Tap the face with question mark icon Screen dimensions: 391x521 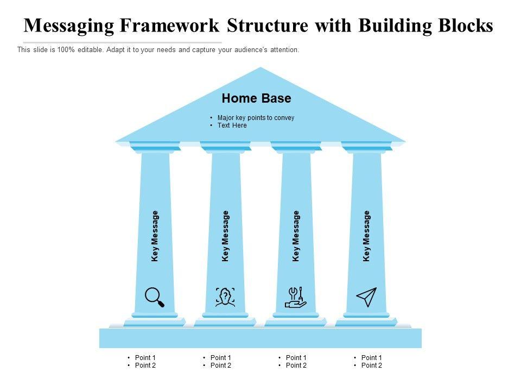[225, 297]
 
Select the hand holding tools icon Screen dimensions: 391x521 [296, 298]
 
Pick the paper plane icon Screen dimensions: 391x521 [366, 297]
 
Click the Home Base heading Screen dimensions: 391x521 [256, 98]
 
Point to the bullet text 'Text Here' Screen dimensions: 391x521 [232, 125]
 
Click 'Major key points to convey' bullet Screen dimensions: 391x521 [256, 118]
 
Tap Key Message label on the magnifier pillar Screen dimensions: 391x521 [155, 236]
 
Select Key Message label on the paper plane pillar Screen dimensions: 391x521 [367, 236]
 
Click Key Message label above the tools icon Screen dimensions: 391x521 [296, 236]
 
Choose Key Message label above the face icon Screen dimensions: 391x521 [226, 236]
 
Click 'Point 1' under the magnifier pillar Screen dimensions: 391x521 [145, 357]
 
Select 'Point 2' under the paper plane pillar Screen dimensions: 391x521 [372, 365]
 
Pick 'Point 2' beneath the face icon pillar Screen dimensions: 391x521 [221, 365]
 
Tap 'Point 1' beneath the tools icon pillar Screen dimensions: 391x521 [296, 357]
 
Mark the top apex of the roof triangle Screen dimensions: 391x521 [261, 67]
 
